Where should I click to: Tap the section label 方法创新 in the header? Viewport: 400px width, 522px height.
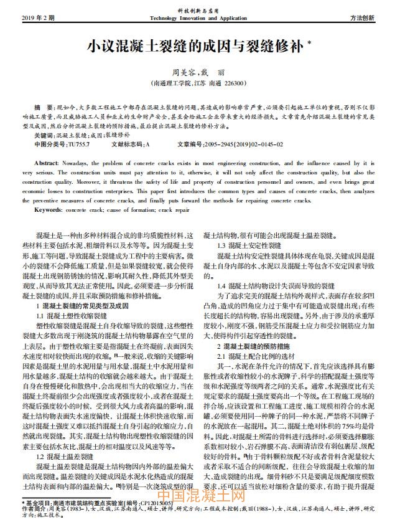tap(370, 17)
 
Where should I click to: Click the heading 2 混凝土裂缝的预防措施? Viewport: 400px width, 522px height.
tap(259, 345)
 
